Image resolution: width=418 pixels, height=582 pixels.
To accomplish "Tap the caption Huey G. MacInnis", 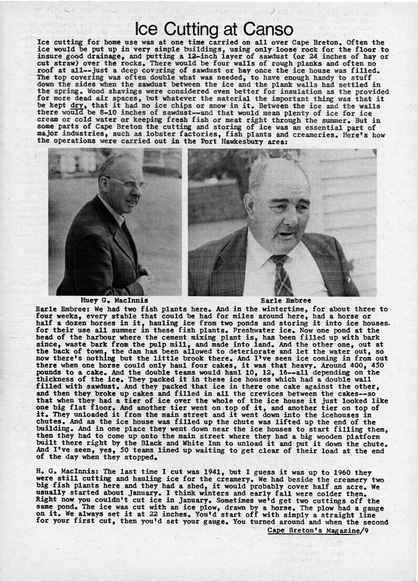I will (114, 300).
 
